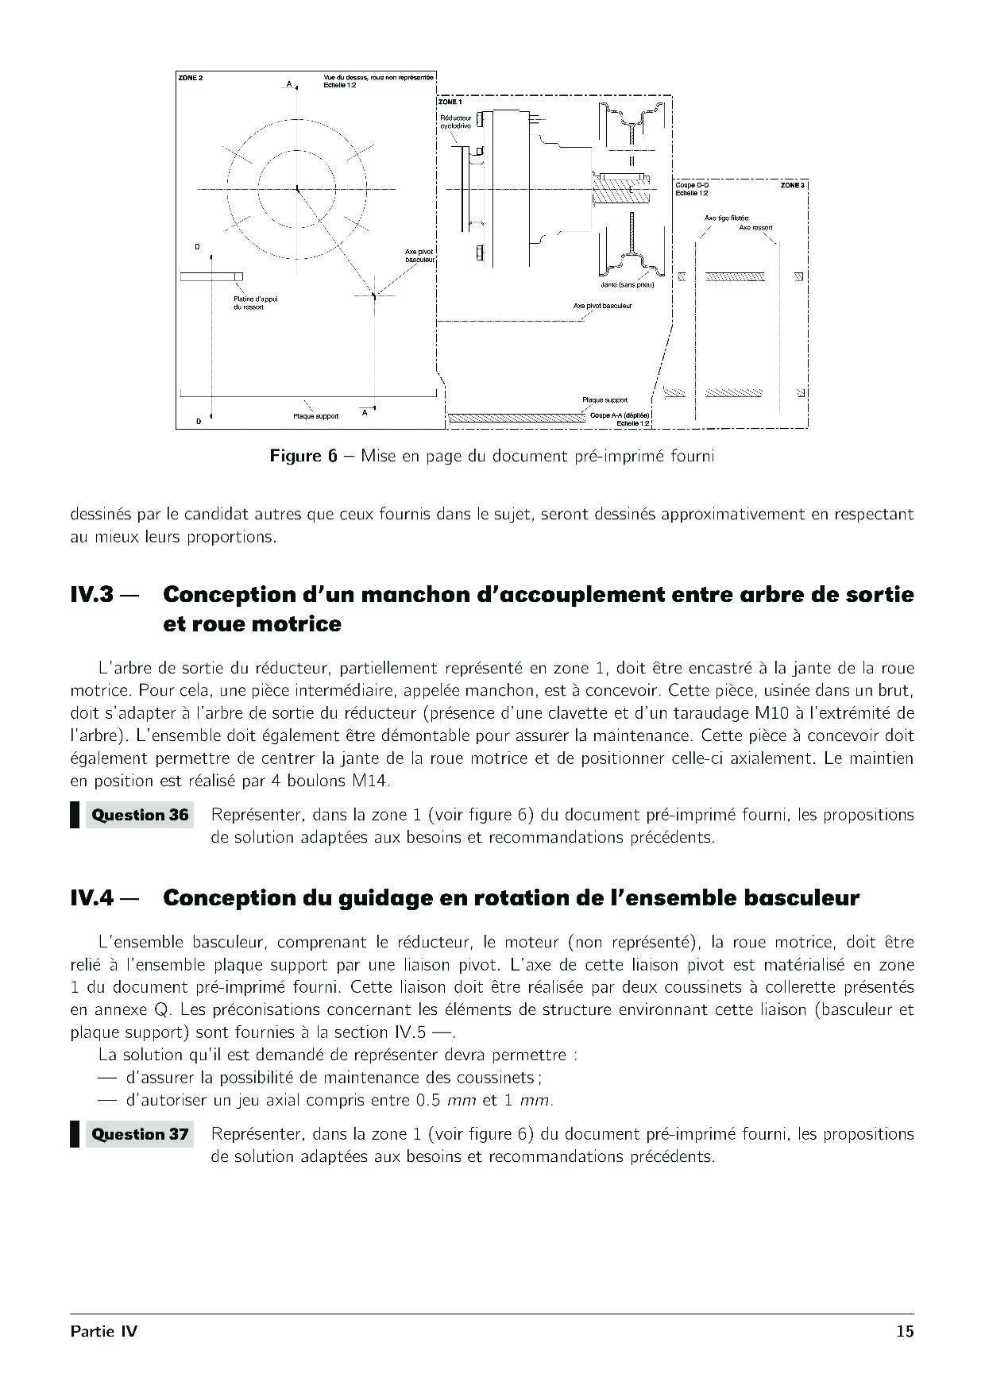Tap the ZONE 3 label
791,185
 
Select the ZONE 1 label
450,102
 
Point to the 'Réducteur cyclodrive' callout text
456,122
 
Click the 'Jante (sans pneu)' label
628,284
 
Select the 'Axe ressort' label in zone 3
755,227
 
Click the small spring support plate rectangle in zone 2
211,276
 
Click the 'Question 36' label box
140,815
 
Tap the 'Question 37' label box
140,1134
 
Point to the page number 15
905,1331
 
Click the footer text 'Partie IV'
103,1331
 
